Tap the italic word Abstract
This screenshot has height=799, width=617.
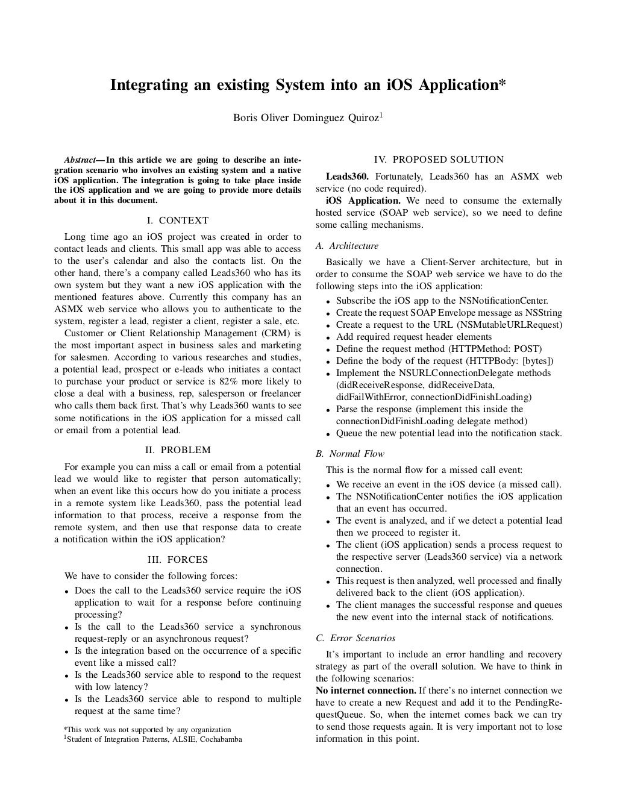pos(80,160)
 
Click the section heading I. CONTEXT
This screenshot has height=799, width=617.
pos(178,221)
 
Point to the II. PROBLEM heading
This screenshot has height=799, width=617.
pos(178,450)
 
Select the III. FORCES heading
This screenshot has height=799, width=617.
pos(178,560)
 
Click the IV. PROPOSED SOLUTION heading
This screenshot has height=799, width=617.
pos(439,160)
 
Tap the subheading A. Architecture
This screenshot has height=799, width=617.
pos(347,246)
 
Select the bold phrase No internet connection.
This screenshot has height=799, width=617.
pos(366,691)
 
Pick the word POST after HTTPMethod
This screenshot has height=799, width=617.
pos(527,349)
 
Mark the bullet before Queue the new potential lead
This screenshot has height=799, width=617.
pos(328,434)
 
